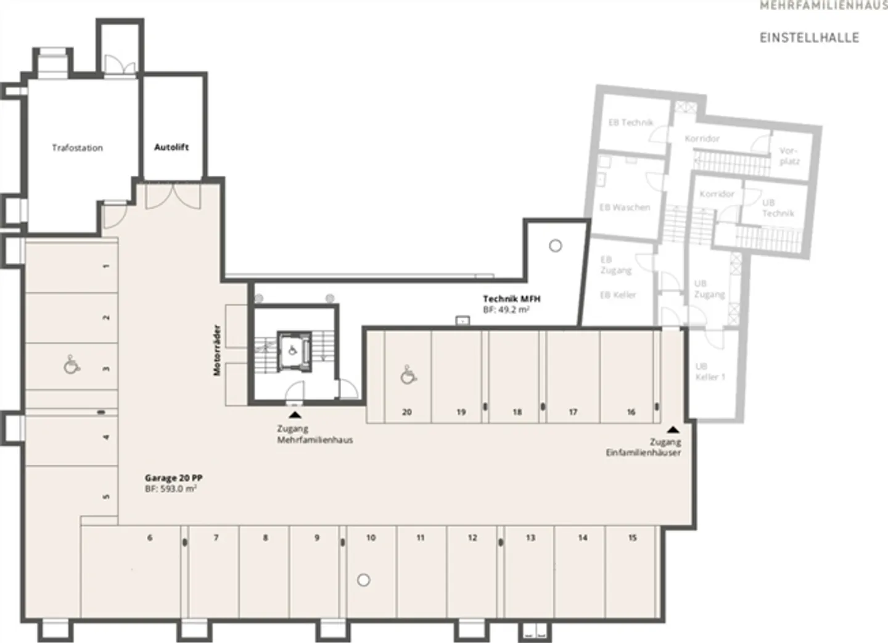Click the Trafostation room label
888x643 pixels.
tap(77, 148)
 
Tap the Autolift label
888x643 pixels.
tap(171, 147)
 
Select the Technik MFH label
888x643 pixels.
tap(511, 299)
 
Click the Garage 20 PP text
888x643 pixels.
tap(173, 478)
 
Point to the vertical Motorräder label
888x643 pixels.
tap(216, 350)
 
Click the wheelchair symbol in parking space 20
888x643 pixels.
tap(406, 375)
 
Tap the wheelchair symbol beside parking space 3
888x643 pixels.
tap(72, 365)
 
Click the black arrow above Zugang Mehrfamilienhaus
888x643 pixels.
tap(295, 415)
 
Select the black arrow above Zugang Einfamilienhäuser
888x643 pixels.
tap(673, 429)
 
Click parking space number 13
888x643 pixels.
tap(530, 538)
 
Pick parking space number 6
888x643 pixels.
tap(150, 538)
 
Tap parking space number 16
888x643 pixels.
tap(631, 412)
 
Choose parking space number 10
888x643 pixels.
tap(371, 538)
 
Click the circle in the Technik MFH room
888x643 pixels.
tap(555, 246)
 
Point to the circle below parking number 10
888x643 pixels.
tap(364, 580)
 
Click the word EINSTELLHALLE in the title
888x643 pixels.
tap(809, 38)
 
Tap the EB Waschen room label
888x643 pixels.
tap(625, 207)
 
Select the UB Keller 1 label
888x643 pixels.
tap(710, 371)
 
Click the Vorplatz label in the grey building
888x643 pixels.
tap(789, 156)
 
